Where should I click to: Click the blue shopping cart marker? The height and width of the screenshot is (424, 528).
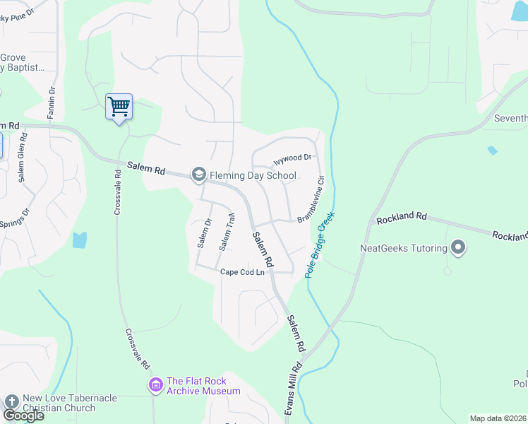[119, 107]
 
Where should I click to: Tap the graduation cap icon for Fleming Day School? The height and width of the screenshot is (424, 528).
[199, 174]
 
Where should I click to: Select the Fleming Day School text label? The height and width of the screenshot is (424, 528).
[247, 175]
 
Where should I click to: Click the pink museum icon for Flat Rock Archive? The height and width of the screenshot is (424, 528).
[155, 384]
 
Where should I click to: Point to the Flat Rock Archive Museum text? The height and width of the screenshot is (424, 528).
[203, 386]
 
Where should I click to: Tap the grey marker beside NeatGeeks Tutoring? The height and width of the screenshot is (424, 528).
[458, 248]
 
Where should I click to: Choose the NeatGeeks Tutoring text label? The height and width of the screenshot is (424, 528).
[404, 248]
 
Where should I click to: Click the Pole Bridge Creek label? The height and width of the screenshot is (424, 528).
[320, 244]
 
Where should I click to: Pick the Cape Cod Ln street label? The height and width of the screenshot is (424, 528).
[242, 272]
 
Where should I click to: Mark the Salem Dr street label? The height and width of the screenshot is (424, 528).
[205, 233]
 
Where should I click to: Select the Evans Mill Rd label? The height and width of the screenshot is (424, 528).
[296, 391]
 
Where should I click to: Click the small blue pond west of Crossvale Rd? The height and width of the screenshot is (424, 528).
[80, 240]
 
